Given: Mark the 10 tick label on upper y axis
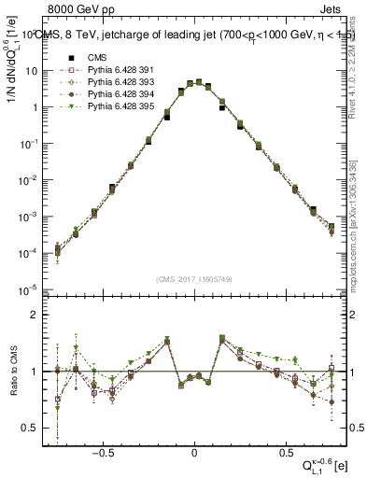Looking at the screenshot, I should tap(32, 71).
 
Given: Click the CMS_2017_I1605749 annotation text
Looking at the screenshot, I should tap(193, 279).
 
